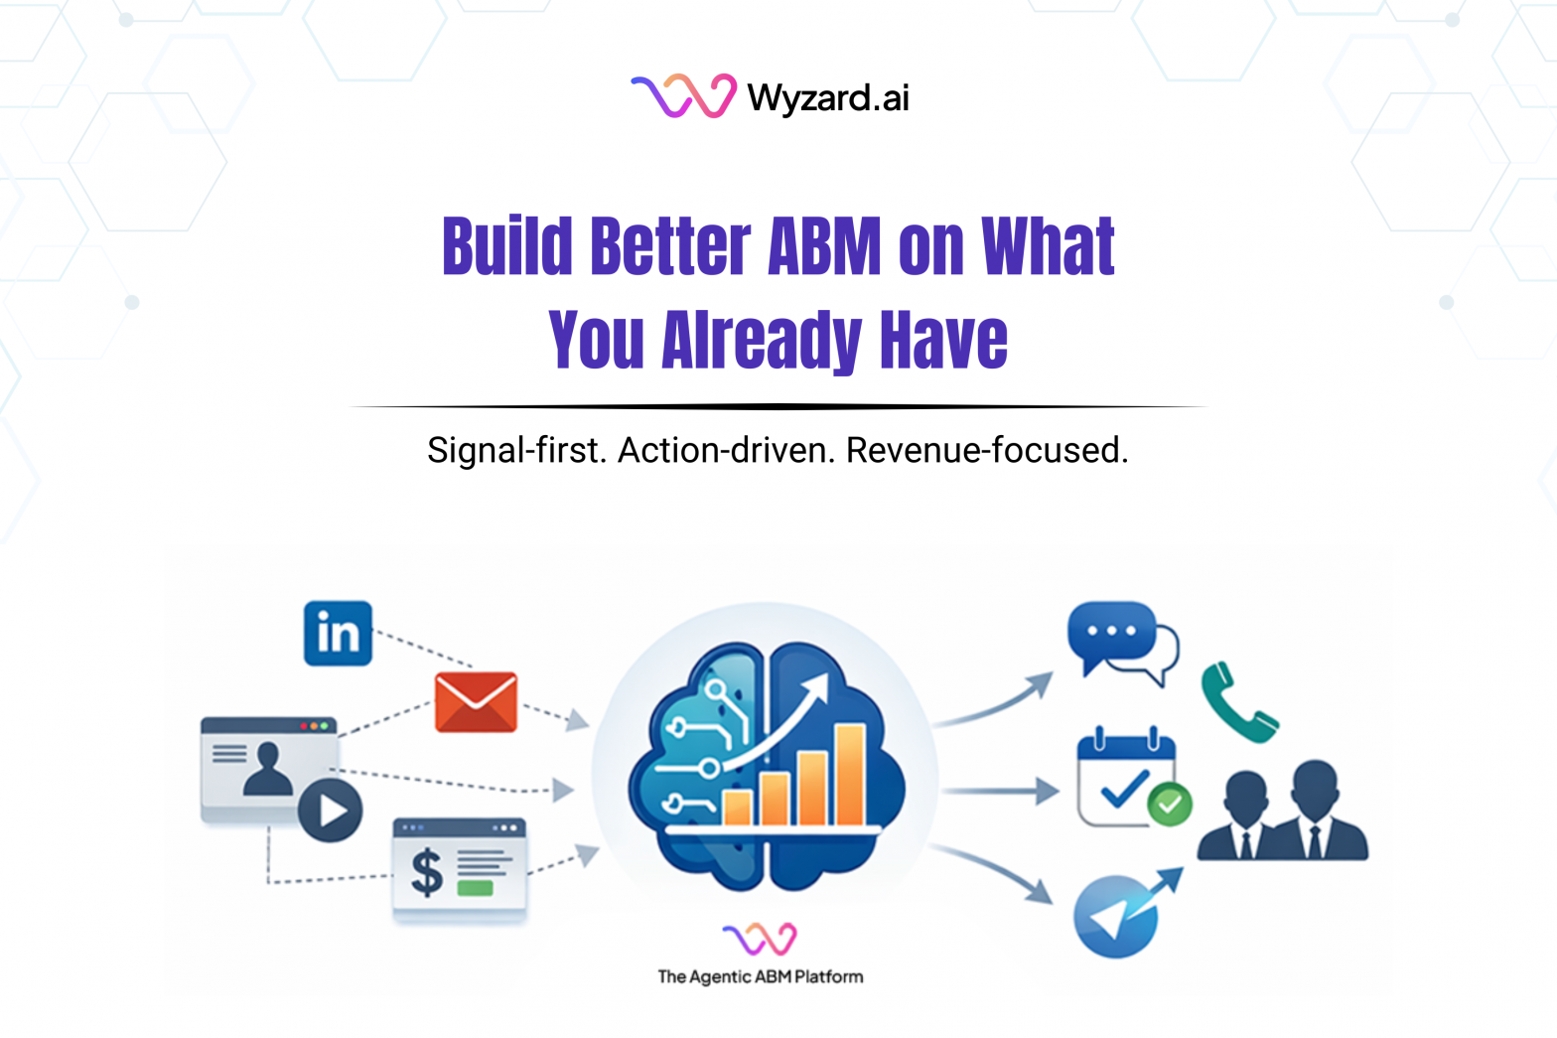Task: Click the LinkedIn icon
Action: (338, 633)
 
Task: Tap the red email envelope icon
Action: (476, 702)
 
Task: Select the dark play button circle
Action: (331, 811)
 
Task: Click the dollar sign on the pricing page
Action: (427, 871)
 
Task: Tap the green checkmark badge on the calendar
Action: (1170, 804)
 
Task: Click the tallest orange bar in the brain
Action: (850, 775)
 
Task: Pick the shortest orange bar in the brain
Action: (737, 808)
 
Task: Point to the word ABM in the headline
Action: (823, 246)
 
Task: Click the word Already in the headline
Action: (761, 340)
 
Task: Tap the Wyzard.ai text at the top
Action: (827, 97)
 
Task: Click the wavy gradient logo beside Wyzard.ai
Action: (683, 96)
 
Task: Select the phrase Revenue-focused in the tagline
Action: (986, 450)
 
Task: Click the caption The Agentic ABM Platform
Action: (760, 976)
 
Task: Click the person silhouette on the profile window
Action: (267, 770)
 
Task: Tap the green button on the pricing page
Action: (475, 888)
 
